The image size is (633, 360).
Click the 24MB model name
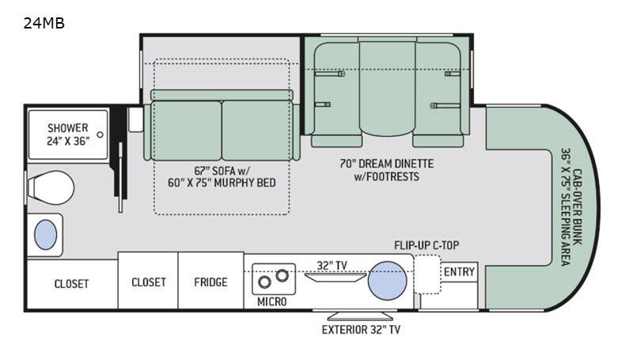(x=44, y=23)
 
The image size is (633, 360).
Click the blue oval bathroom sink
(x=46, y=235)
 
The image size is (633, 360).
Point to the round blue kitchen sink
(x=389, y=279)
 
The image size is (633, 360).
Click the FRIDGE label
(x=210, y=282)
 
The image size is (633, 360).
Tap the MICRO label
(x=271, y=302)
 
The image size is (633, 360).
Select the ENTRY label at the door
(x=459, y=272)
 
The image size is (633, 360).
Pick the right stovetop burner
(x=280, y=277)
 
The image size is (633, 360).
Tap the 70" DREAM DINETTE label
(x=387, y=164)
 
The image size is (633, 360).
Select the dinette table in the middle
(x=387, y=87)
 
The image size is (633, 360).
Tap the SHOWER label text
(x=67, y=128)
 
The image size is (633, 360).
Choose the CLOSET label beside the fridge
(x=148, y=282)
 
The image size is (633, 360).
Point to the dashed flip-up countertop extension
(x=426, y=274)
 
